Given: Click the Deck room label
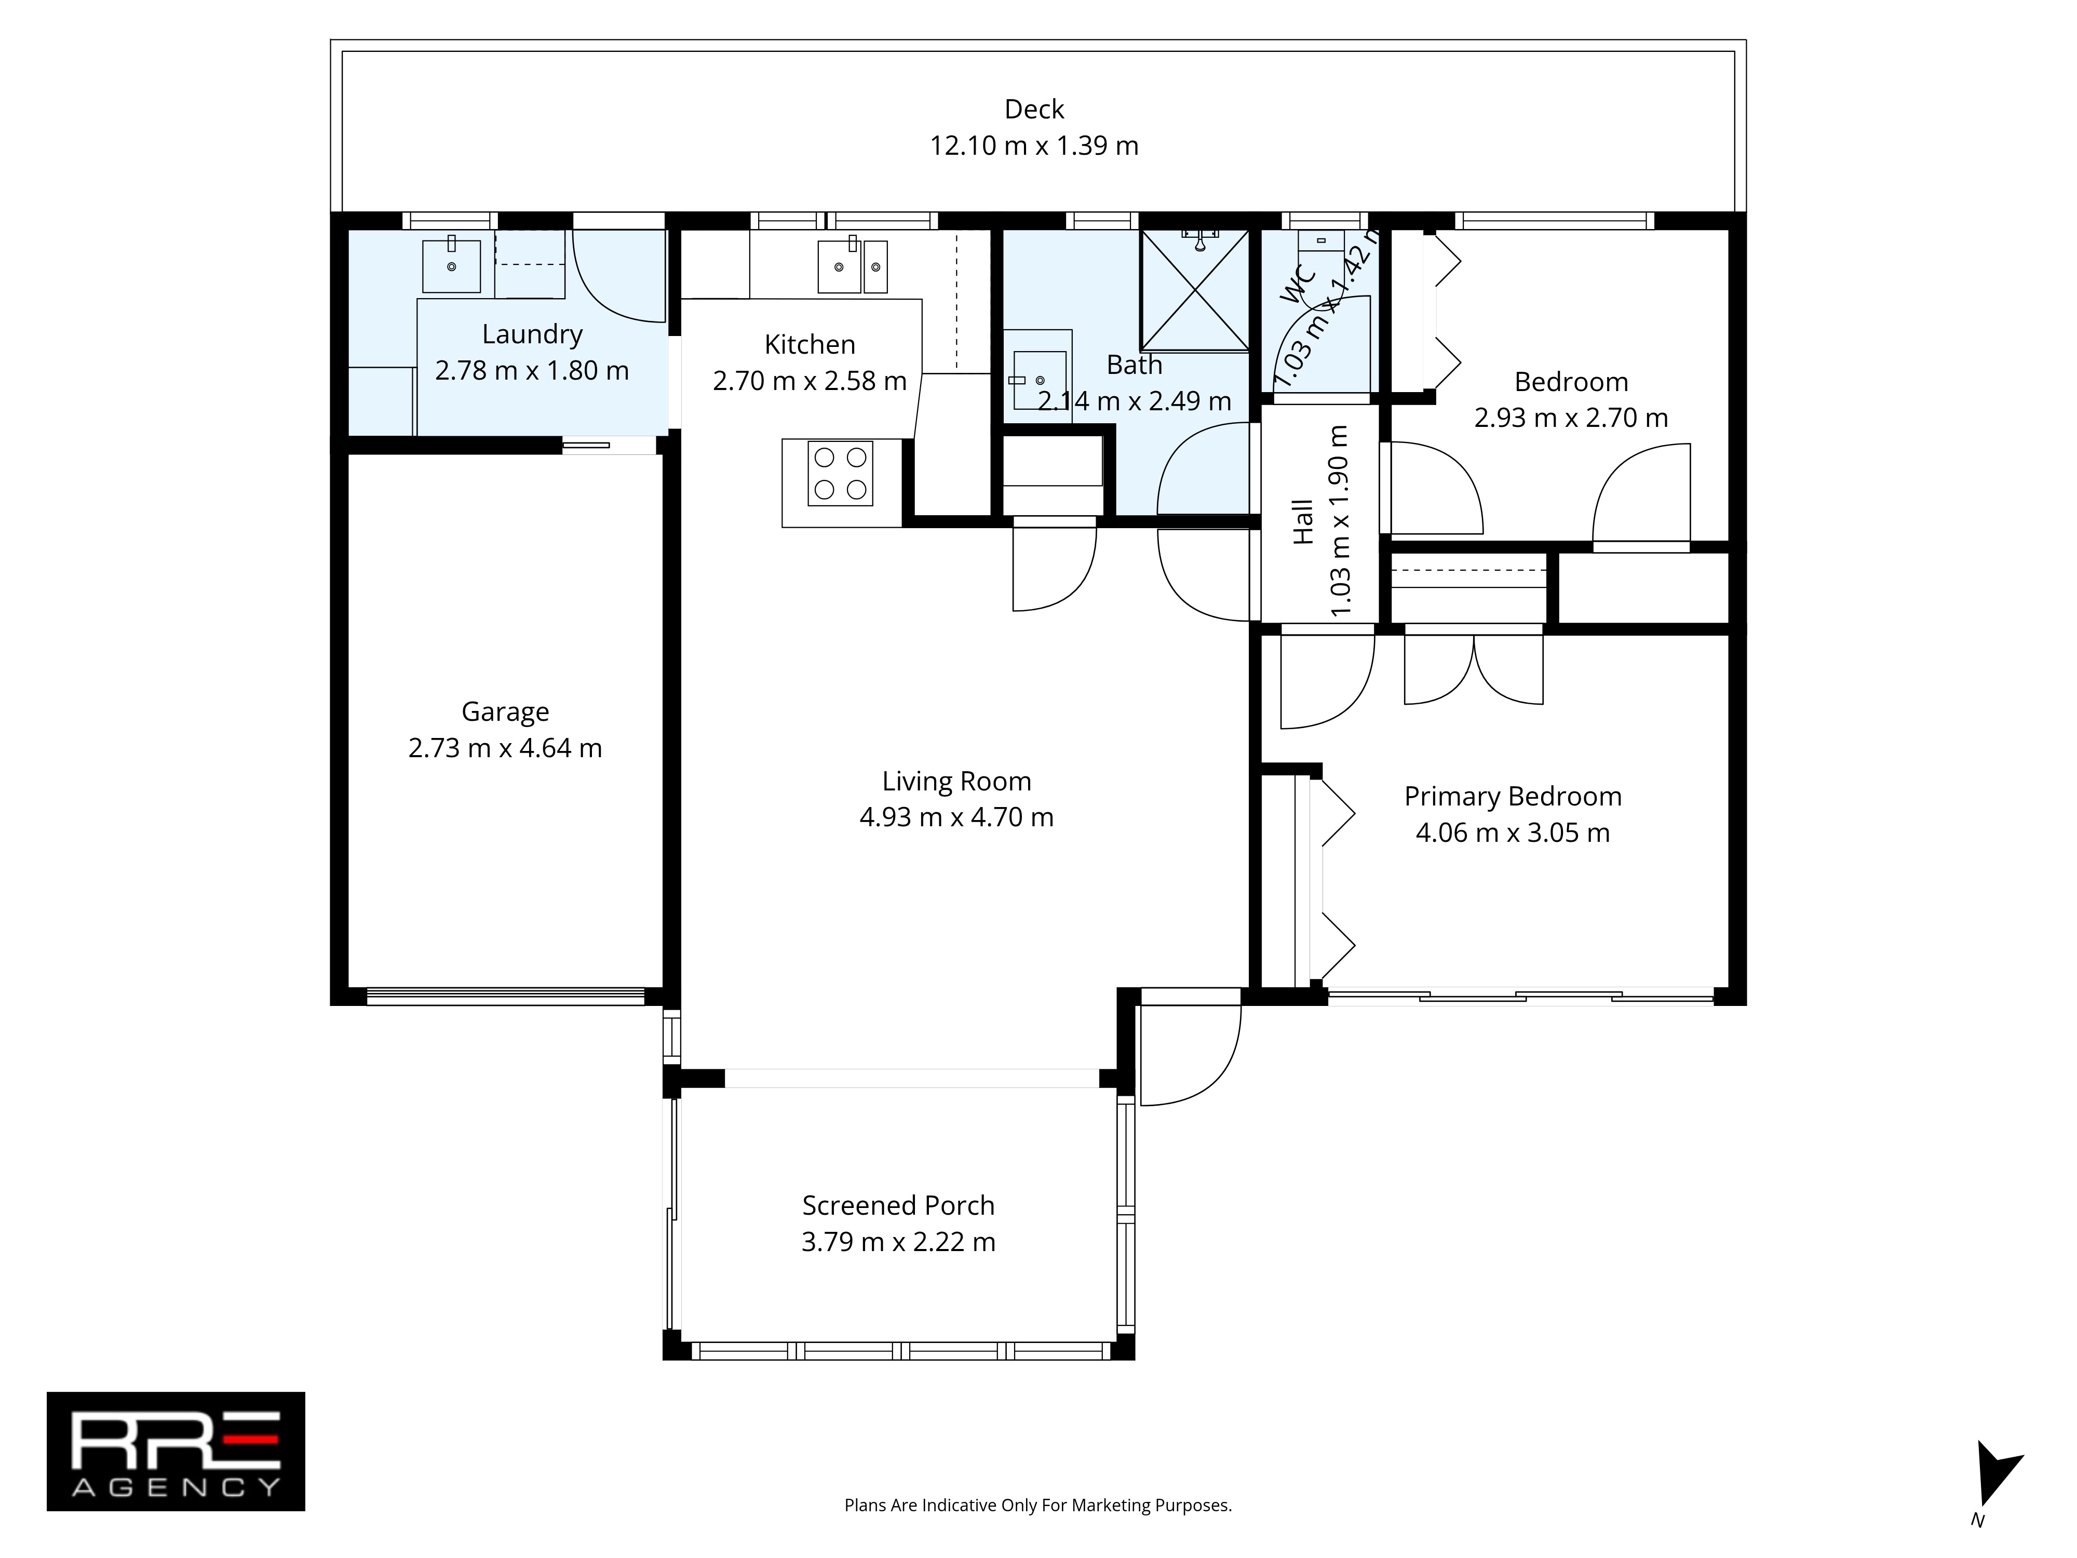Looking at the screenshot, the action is click(x=1034, y=110).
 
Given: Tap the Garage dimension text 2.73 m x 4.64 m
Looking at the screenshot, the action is click(x=505, y=748).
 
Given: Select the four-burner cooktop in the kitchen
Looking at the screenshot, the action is click(x=840, y=473).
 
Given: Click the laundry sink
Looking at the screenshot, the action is click(x=452, y=266).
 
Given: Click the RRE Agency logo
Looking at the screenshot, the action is click(x=176, y=1452).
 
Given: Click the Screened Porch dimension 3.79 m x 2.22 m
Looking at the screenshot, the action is click(x=899, y=1242).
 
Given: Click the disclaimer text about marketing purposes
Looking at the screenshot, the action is click(x=1037, y=1506).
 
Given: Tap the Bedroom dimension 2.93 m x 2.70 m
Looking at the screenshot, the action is click(x=1571, y=418).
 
